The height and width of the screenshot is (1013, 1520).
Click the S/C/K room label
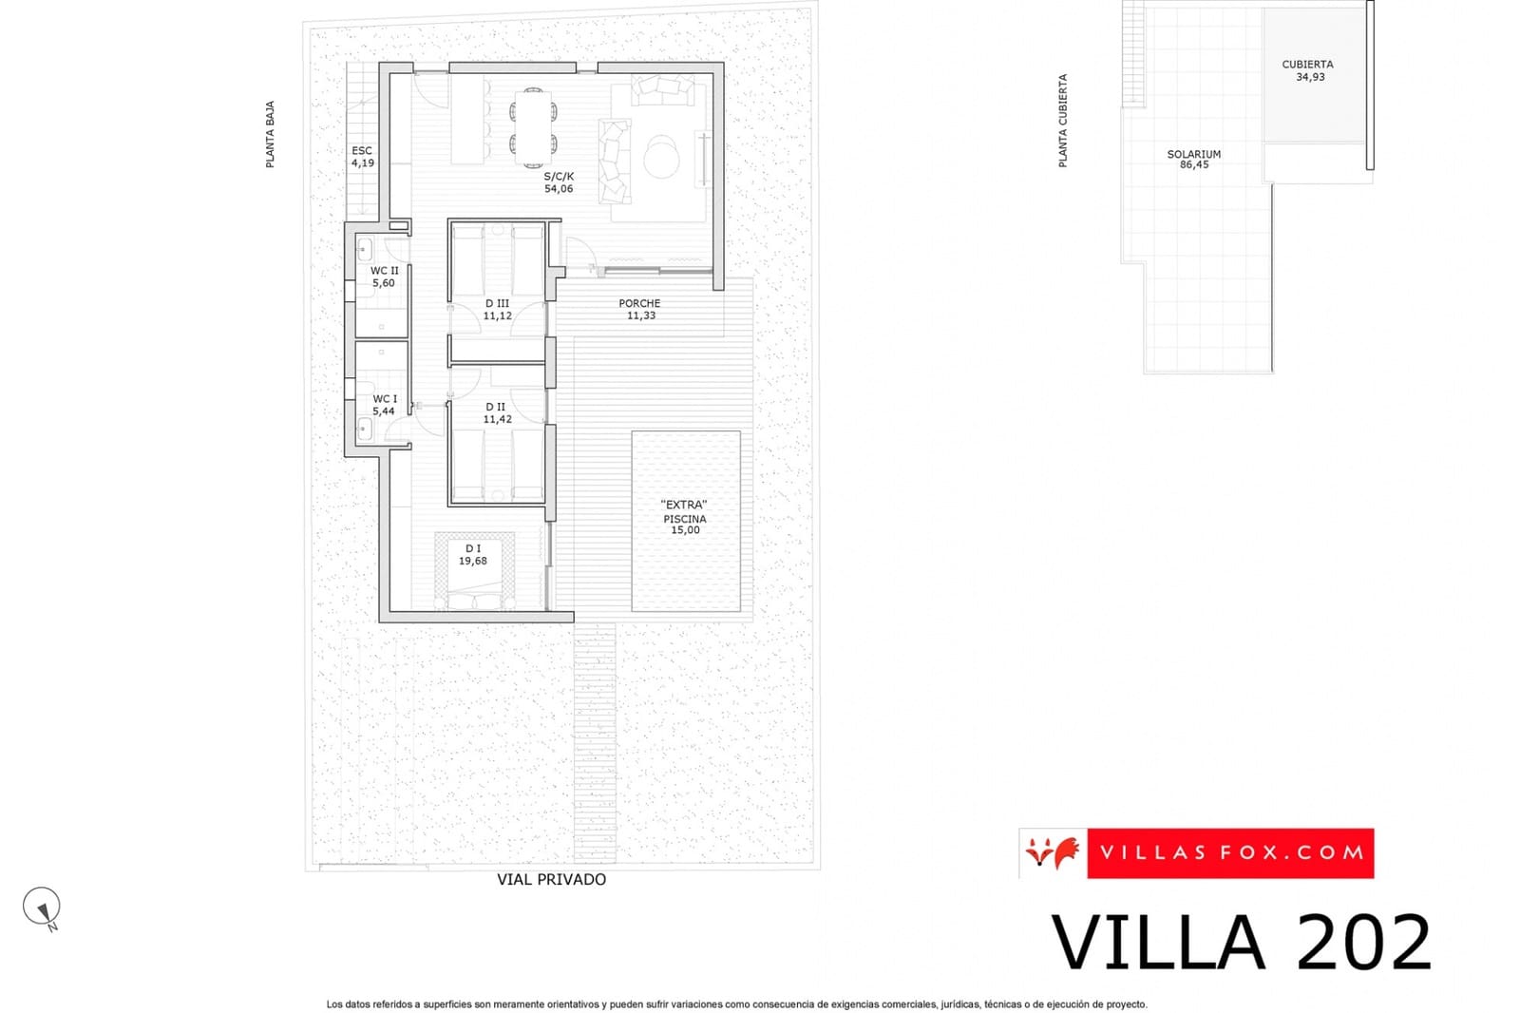click(x=559, y=177)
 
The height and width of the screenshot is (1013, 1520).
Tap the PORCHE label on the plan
click(x=639, y=303)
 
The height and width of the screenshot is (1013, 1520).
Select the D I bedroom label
click(x=473, y=548)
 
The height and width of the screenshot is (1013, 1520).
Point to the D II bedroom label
click(x=496, y=407)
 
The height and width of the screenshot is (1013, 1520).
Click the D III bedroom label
click(x=497, y=303)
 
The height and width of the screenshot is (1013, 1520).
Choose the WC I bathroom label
click(x=385, y=399)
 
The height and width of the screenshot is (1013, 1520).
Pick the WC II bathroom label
click(x=384, y=271)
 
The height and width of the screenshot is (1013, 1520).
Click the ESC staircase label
click(x=362, y=150)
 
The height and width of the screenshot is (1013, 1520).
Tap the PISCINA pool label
click(x=685, y=519)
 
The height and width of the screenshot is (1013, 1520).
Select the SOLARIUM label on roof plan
click(x=1194, y=154)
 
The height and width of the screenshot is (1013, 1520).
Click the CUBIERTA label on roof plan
click(x=1307, y=65)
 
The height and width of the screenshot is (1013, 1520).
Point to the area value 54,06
click(x=559, y=189)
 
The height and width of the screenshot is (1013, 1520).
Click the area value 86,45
click(x=1194, y=165)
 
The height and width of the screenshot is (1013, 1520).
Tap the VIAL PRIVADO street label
click(x=551, y=880)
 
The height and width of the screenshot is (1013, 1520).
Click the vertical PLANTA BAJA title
click(x=270, y=135)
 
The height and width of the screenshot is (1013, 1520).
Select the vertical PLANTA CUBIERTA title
click(x=1063, y=121)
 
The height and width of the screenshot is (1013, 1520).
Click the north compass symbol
click(x=42, y=908)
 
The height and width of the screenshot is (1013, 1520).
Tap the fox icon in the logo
click(x=1053, y=852)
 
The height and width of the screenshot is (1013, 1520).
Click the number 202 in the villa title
click(x=1363, y=943)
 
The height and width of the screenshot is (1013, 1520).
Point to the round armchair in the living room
click(x=662, y=157)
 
